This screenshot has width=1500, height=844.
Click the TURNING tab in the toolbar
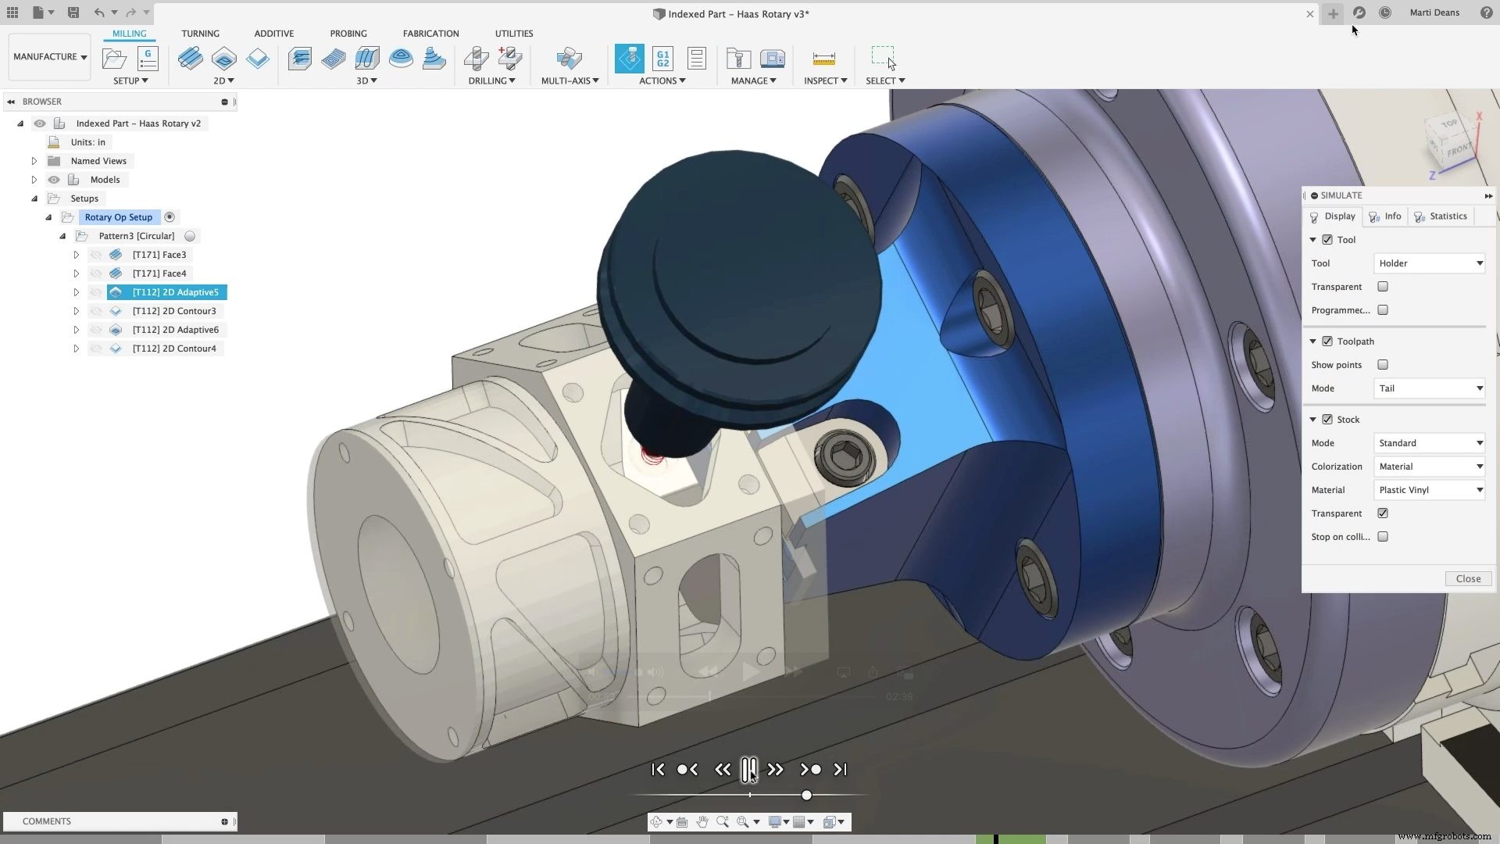pos(200,34)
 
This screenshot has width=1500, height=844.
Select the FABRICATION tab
pos(430,34)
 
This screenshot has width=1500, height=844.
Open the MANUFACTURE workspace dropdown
pos(50,57)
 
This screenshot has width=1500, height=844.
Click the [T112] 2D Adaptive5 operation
pos(175,292)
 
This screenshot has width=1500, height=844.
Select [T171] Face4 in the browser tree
pos(159,274)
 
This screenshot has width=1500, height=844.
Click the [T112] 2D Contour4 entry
pos(174,349)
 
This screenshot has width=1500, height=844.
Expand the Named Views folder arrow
pos(34,161)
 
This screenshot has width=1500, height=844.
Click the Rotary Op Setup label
pos(119,217)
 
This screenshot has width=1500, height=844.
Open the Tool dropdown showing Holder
pos(1429,263)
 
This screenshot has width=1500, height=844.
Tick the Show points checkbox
pos(1383,365)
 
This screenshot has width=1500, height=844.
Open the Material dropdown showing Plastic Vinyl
pos(1429,490)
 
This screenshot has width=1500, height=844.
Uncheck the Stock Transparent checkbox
pos(1383,513)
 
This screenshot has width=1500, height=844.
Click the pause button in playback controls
pos(748,769)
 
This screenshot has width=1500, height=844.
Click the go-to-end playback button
pos(840,770)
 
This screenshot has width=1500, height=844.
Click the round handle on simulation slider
pos(806,795)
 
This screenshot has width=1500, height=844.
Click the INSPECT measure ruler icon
pos(823,59)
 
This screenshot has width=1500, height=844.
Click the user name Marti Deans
pos(1434,13)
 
